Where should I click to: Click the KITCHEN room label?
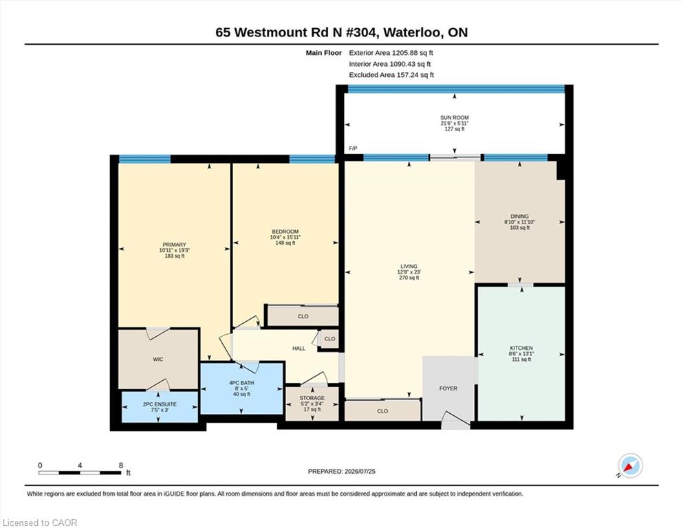[521, 348]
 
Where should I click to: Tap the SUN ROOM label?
[455, 118]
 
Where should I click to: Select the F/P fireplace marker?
[353, 148]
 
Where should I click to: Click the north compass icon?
[630, 465]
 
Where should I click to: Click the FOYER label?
[448, 388]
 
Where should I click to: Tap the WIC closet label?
[158, 359]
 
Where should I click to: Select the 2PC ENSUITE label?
[160, 404]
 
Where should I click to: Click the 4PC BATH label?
[241, 383]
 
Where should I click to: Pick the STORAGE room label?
[312, 398]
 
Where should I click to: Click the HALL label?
[299, 349]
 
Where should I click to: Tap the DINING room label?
[520, 216]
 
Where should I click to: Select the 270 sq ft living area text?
[409, 278]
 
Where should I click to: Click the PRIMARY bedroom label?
[174, 245]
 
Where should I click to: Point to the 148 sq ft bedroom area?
[285, 243]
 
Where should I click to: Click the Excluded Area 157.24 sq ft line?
[391, 75]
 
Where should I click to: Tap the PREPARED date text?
[341, 472]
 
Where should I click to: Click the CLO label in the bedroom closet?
[303, 316]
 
